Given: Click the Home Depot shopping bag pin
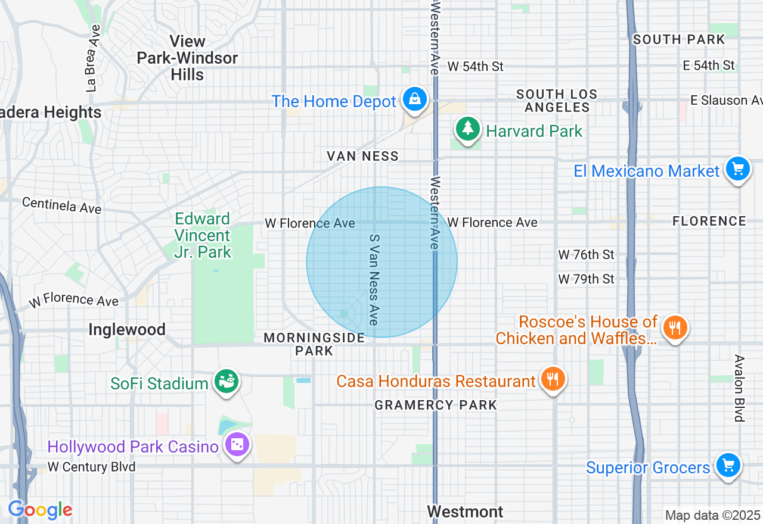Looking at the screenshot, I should point(414,99).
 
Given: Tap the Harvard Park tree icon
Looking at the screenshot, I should point(468,128).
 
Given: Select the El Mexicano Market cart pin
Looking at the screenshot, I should point(738,169).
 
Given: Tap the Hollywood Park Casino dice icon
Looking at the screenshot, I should point(237,444).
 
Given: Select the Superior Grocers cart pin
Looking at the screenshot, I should point(727,465).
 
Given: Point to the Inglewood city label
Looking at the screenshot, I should point(126,329).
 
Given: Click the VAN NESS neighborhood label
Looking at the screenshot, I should point(362,156).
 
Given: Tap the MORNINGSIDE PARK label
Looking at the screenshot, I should point(314,344).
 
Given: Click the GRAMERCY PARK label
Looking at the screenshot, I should point(436,405).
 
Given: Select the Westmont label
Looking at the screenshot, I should point(465,511).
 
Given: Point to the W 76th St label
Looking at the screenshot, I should point(586,255).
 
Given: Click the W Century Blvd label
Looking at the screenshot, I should point(91,467).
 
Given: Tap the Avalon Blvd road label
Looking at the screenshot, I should point(739,388).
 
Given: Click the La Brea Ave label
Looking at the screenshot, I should point(93,57).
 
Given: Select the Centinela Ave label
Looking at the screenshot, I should point(61,205).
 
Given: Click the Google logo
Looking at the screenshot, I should point(40,510).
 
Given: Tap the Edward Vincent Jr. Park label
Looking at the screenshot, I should point(203,235).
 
